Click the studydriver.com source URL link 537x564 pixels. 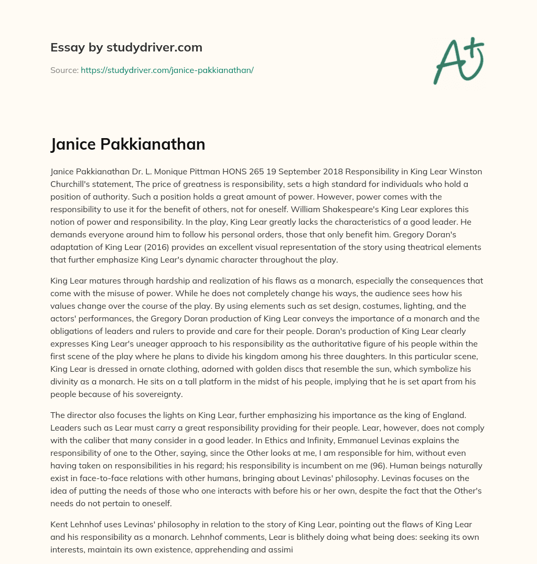click(167, 70)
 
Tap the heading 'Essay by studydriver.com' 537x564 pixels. click(126, 48)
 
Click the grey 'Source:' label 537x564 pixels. click(65, 70)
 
